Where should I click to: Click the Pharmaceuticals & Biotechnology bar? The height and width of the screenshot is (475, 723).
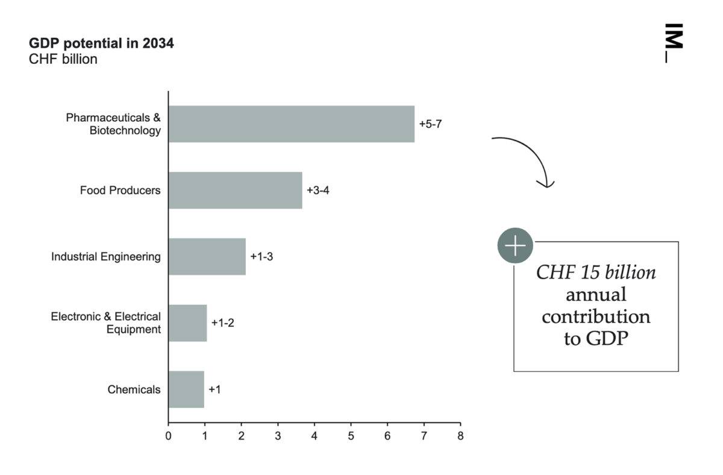click(x=292, y=124)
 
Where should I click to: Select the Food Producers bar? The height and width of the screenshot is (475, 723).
click(x=236, y=190)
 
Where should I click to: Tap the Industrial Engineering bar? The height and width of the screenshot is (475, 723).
click(x=207, y=257)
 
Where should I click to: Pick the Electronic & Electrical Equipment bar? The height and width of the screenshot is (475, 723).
click(x=187, y=323)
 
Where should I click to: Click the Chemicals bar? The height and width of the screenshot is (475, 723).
click(x=186, y=389)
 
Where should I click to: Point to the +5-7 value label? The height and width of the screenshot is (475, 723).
click(x=430, y=124)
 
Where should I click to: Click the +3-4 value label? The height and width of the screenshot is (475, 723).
click(x=318, y=190)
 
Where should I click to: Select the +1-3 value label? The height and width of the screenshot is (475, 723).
click(x=261, y=257)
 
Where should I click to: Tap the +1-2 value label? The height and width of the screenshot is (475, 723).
click(x=223, y=323)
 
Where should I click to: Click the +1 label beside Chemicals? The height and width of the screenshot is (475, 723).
click(x=214, y=389)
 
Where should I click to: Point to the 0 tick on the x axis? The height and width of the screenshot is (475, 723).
click(x=168, y=436)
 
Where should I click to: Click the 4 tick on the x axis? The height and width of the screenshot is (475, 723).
click(x=315, y=436)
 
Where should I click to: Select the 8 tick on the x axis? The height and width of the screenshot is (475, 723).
click(x=460, y=436)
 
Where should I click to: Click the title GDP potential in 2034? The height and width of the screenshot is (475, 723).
click(x=101, y=43)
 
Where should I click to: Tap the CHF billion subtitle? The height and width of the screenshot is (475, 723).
click(x=63, y=59)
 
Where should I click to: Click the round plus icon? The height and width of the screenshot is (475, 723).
click(x=515, y=245)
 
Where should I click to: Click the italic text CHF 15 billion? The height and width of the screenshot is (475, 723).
click(x=596, y=272)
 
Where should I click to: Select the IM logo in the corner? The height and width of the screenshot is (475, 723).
click(x=674, y=43)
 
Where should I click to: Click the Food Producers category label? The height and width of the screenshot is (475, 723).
click(x=120, y=190)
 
